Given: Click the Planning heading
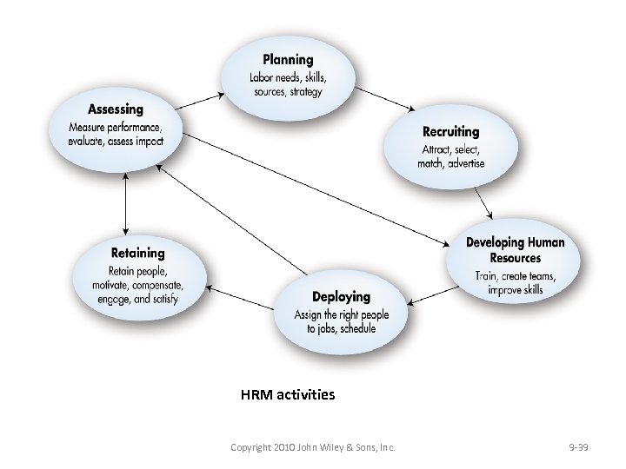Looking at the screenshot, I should (288, 60).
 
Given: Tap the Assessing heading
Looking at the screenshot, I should (116, 110).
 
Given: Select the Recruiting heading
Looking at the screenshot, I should (450, 132).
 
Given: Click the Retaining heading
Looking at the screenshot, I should (137, 253).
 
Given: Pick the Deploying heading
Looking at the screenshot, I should (342, 297).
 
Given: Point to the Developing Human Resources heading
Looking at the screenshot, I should (515, 250).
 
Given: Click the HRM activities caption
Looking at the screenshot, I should (288, 394).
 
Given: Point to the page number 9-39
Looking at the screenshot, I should (578, 447).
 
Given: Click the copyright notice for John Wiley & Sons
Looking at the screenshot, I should (313, 447).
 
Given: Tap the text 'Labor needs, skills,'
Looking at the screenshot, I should (287, 78).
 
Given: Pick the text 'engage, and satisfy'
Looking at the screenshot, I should (137, 300).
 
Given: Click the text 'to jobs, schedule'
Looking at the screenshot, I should (341, 328).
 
